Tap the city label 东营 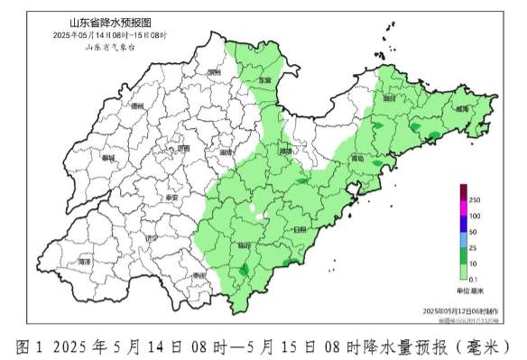pos(264,80)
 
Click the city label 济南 pos(183,148)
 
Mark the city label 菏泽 pos(85,261)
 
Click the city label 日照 pos(300,230)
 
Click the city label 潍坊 pos(285,152)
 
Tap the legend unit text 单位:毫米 pos(469,291)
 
